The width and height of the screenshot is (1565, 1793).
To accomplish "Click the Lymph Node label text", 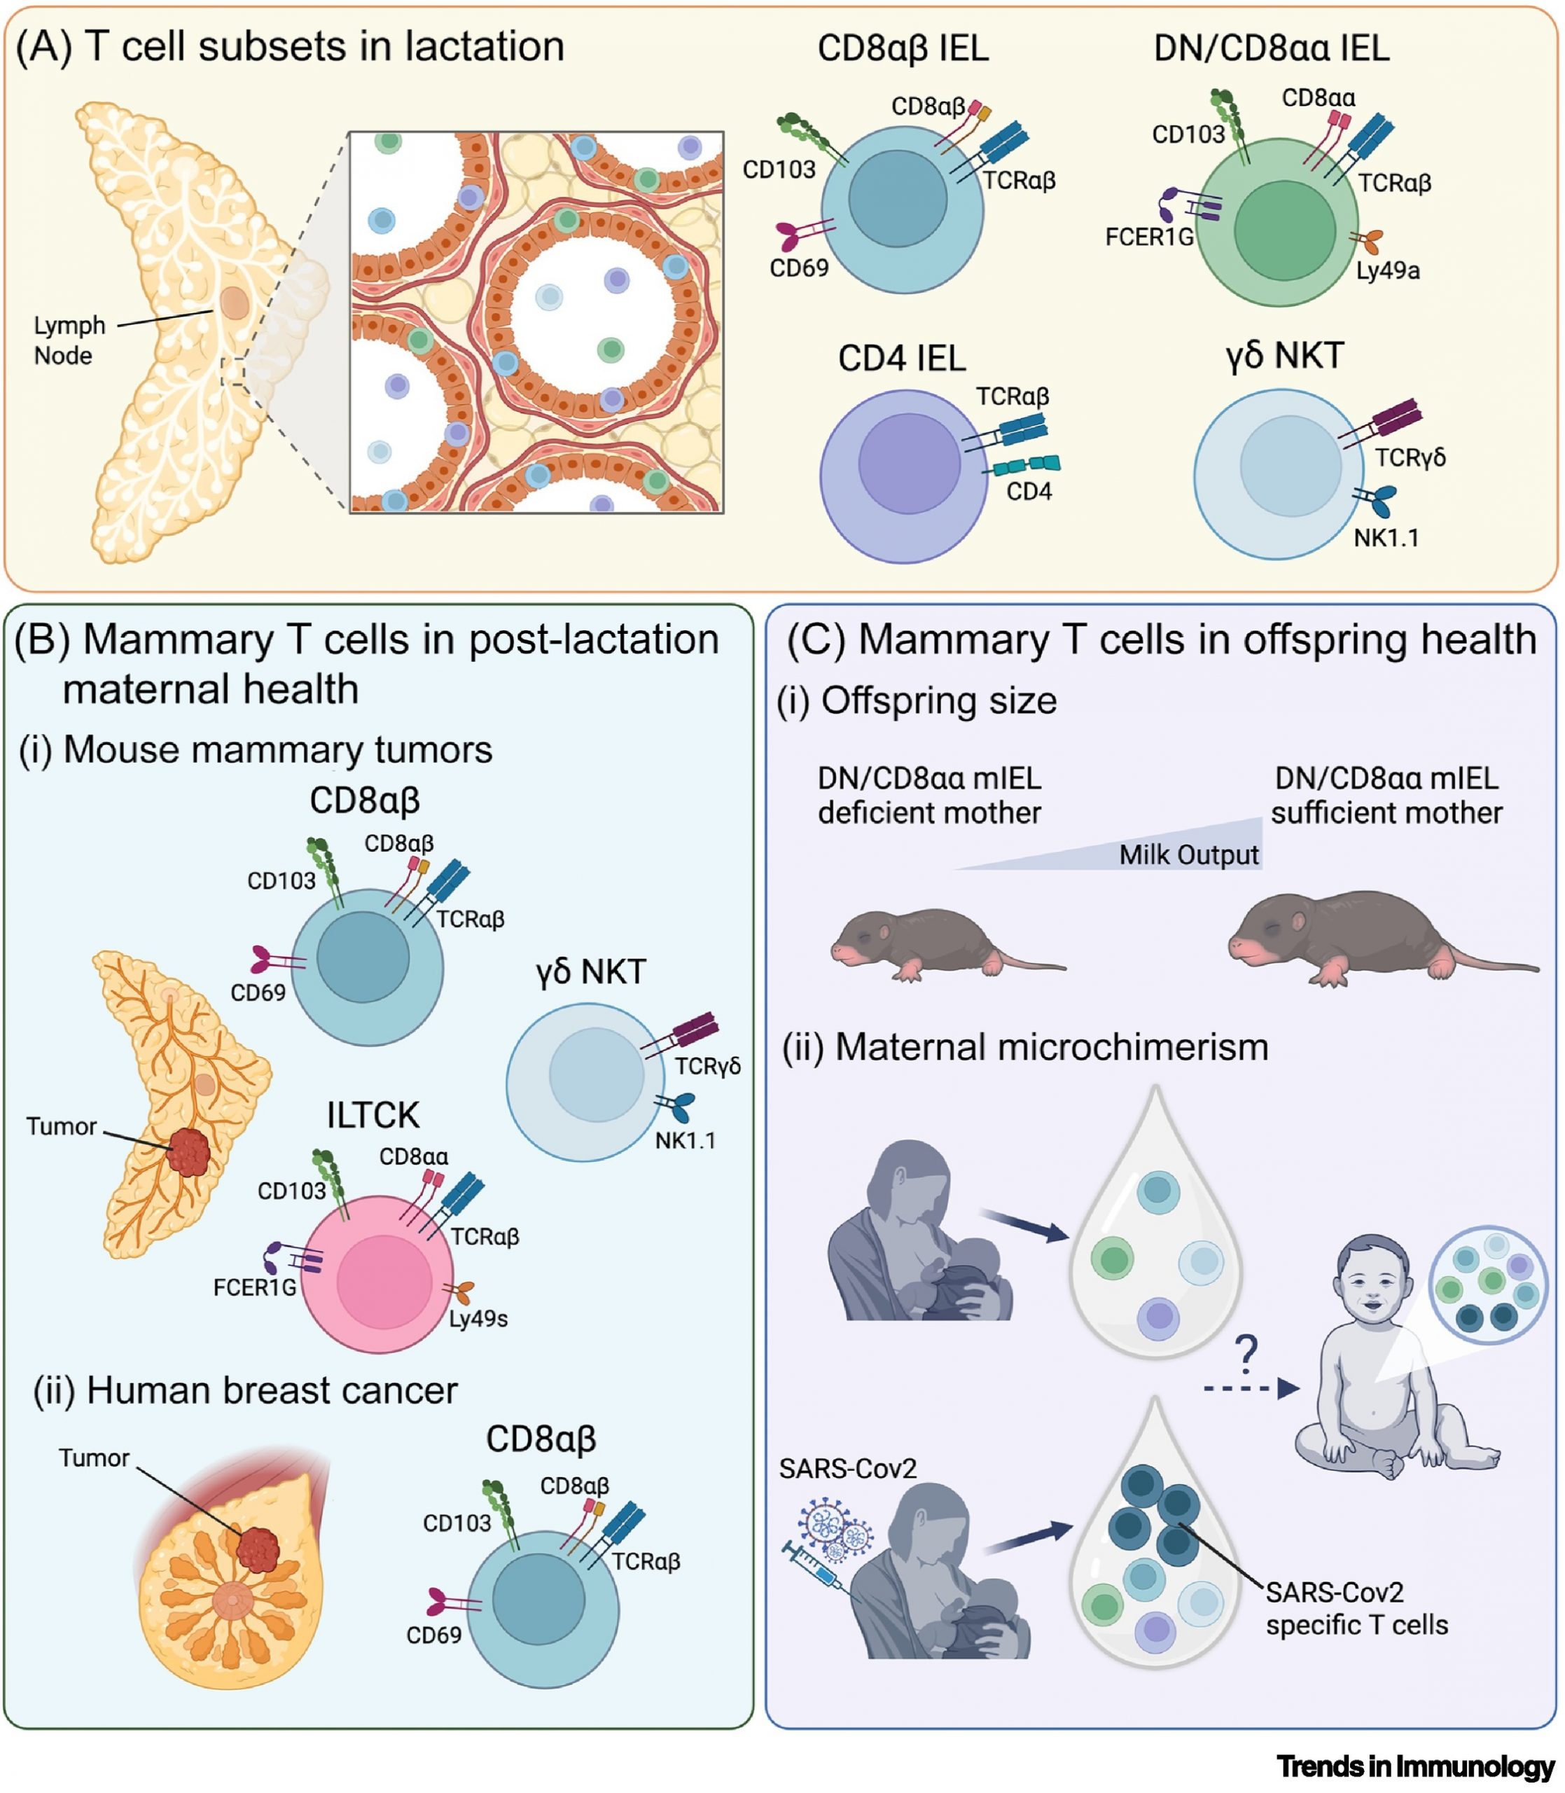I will coord(69,340).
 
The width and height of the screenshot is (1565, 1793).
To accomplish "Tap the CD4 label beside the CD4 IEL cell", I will coord(1029,492).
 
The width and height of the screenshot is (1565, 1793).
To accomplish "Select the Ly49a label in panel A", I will coord(1388,271).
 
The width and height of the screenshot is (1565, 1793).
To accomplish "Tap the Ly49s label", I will coord(478,1318).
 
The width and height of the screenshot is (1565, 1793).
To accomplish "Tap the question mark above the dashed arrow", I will coord(1247,1355).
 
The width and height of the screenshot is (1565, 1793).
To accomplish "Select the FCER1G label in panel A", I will coord(1148,237).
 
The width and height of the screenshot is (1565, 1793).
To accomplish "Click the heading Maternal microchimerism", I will coord(1024,1046).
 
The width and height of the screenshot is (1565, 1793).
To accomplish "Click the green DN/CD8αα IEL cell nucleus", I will coord(1284,230).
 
